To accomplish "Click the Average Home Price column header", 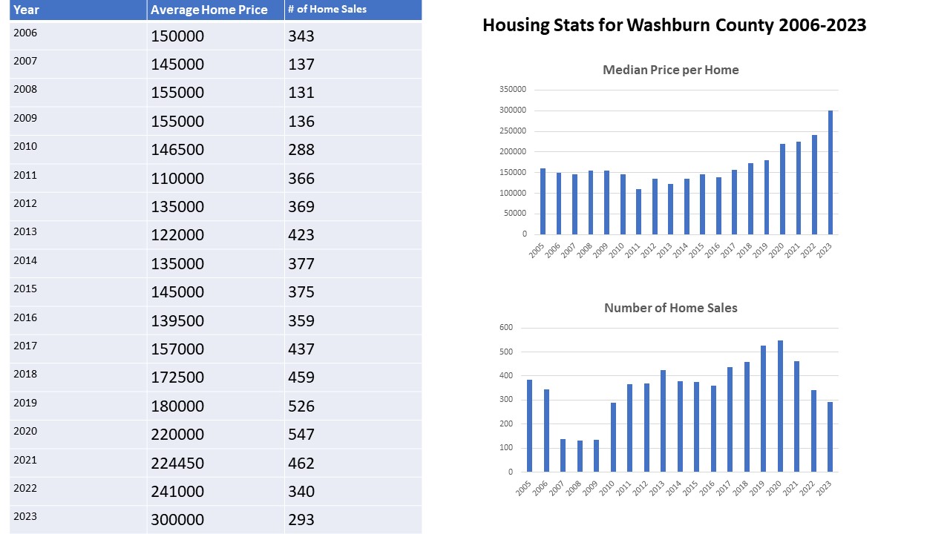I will pyautogui.click(x=209, y=10).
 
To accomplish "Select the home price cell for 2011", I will pyautogui.click(x=177, y=178).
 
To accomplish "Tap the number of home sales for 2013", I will pyautogui.click(x=301, y=235).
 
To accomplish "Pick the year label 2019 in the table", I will pyautogui.click(x=25, y=403).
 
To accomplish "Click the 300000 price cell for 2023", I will pyautogui.click(x=177, y=520).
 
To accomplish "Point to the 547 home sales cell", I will pyautogui.click(x=301, y=435).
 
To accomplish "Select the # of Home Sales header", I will pyautogui.click(x=327, y=10).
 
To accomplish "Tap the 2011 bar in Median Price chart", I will pyautogui.click(x=638, y=212).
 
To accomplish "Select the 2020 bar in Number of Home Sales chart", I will pyautogui.click(x=780, y=406).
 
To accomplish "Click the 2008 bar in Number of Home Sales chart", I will pyautogui.click(x=580, y=456).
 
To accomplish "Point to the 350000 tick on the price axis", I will pyautogui.click(x=513, y=89).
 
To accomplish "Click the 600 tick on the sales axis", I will pyautogui.click(x=505, y=327).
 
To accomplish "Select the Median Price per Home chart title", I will pyautogui.click(x=670, y=70).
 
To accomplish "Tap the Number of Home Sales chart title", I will pyautogui.click(x=670, y=308).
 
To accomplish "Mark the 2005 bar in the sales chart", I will pyautogui.click(x=530, y=426).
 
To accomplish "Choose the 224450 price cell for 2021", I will pyautogui.click(x=177, y=464).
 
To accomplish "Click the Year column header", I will pyautogui.click(x=26, y=10).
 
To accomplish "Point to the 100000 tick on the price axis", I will pyautogui.click(x=513, y=193).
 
